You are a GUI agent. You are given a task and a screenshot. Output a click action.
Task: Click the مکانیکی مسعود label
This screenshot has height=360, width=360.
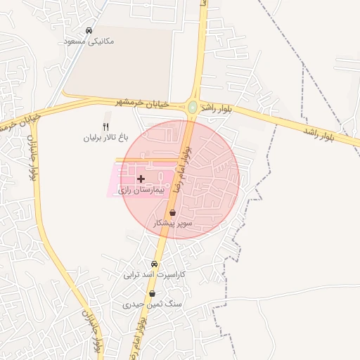89,41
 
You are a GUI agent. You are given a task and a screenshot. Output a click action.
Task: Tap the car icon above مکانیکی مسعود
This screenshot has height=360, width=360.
89,31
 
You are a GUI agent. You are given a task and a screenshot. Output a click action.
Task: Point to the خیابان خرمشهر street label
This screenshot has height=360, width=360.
143,103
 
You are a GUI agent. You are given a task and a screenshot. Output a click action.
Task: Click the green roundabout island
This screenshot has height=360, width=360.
193,107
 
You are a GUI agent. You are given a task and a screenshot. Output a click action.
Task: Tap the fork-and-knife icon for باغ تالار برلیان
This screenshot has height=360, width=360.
106,127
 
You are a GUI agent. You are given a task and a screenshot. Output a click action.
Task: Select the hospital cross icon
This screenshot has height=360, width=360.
141,179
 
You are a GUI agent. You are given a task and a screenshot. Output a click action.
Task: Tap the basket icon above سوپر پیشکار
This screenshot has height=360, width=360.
173,212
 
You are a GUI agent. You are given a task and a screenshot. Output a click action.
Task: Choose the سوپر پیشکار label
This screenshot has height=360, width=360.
173,223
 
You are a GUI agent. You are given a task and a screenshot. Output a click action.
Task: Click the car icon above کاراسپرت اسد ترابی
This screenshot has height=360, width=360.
154,264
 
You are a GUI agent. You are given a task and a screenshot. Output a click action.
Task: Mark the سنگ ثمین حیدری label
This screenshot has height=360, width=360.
143,305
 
